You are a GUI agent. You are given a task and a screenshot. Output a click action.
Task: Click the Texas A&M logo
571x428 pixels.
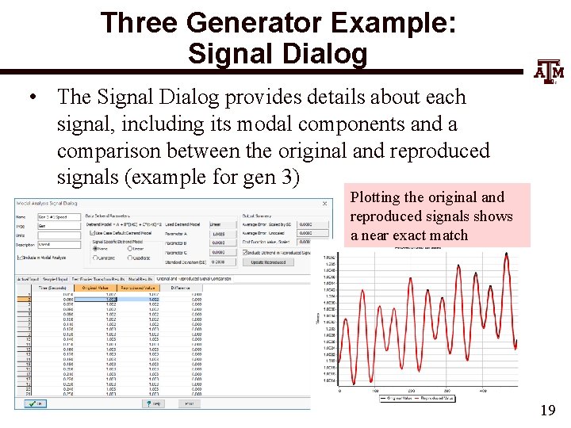coord(548,71)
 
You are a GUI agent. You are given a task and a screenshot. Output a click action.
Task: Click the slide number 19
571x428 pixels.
coord(546,410)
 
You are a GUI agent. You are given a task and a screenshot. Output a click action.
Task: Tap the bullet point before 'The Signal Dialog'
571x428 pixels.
coord(33,97)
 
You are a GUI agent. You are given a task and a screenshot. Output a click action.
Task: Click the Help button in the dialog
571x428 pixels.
coord(154,403)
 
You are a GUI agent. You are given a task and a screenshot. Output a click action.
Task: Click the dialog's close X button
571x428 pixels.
coord(324,204)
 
